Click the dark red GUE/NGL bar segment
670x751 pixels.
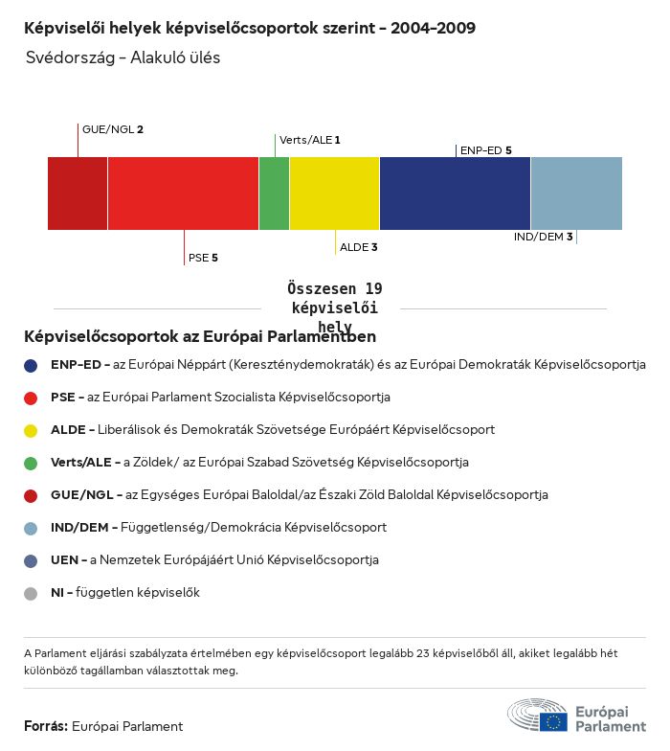(78, 193)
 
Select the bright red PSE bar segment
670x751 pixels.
(183, 193)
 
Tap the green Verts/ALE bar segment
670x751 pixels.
(274, 193)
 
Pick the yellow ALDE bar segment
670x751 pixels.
(334, 193)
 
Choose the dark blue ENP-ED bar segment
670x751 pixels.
(455, 193)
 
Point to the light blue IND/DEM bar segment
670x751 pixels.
(576, 193)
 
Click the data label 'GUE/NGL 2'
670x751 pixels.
(113, 129)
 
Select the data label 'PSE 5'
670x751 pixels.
(203, 258)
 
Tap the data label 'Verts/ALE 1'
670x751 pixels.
(309, 140)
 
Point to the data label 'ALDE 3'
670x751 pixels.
(359, 247)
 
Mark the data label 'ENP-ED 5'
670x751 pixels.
(485, 150)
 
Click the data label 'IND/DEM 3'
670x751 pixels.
(543, 237)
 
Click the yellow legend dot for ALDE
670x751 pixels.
(31, 430)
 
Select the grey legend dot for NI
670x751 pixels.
(31, 593)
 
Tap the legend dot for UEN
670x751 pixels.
(31, 560)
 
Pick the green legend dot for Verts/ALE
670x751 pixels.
(31, 463)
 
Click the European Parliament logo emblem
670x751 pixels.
(537, 717)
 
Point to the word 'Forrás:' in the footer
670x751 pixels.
(46, 726)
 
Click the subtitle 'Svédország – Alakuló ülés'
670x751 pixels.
(123, 57)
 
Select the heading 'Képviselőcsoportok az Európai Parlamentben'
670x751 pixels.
(200, 336)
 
